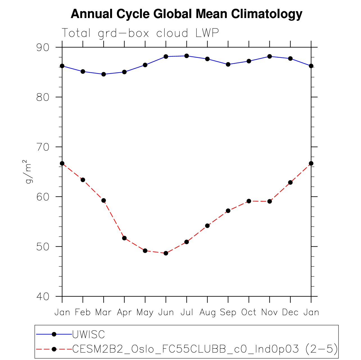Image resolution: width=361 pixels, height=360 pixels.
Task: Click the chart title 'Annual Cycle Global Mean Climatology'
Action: click(x=187, y=14)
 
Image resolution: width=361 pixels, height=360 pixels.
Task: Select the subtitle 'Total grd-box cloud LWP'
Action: click(x=140, y=33)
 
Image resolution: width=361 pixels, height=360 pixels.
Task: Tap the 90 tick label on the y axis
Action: click(x=43, y=47)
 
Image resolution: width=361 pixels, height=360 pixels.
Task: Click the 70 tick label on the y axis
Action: click(x=43, y=147)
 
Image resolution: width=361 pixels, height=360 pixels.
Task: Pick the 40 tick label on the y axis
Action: click(x=43, y=296)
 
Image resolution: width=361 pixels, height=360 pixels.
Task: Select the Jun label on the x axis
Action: click(x=166, y=312)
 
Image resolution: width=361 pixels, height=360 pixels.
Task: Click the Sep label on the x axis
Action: click(x=228, y=312)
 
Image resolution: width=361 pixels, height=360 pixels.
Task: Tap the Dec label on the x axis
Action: click(x=290, y=312)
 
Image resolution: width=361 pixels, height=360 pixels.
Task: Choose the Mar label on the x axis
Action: click(x=103, y=312)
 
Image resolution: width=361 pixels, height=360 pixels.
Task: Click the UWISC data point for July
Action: click(x=187, y=56)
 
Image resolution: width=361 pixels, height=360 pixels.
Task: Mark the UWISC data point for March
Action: click(x=104, y=74)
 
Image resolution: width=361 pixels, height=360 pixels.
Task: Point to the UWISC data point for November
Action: click(x=270, y=56)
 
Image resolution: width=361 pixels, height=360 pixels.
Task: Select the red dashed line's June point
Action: click(x=166, y=253)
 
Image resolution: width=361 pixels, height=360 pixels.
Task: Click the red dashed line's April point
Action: click(x=124, y=238)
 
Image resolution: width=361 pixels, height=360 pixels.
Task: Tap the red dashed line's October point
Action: click(x=249, y=201)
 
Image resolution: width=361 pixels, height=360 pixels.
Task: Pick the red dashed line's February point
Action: click(x=83, y=180)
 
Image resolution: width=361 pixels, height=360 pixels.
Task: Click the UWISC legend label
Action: click(x=88, y=334)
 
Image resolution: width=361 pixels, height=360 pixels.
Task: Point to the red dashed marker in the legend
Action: click(x=54, y=349)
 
